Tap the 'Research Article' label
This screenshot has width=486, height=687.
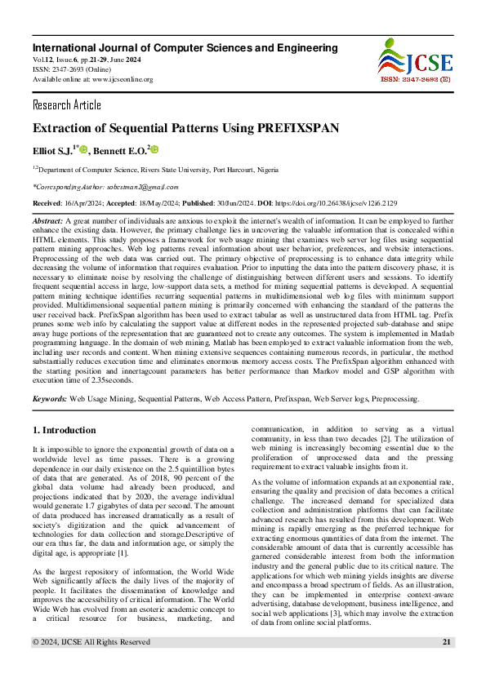tap(67, 105)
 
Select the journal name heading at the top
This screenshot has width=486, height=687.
tap(185, 48)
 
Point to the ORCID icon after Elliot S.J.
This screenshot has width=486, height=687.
tap(83, 150)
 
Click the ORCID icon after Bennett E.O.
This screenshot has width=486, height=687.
tap(154, 150)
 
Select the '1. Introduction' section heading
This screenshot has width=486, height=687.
tap(64, 429)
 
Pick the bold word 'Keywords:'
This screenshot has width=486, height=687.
tap(49, 399)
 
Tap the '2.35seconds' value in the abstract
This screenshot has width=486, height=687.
tap(110, 379)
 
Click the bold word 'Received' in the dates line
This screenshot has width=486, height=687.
tap(48, 203)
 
